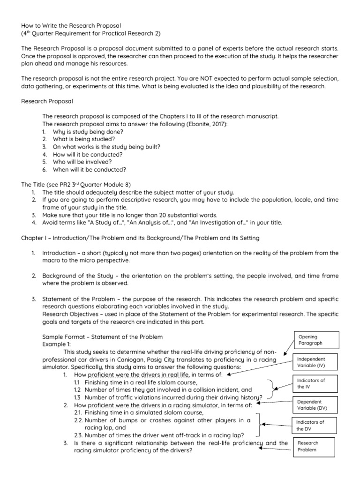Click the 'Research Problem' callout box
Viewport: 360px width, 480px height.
pyautogui.click(x=313, y=446)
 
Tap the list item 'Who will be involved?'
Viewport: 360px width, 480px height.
pyautogui.click(x=82, y=162)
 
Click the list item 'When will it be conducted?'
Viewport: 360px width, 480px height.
pyautogui.click(x=90, y=169)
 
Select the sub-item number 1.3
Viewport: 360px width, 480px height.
pyautogui.click(x=78, y=397)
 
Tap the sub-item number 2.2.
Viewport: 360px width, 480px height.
pyautogui.click(x=79, y=420)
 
